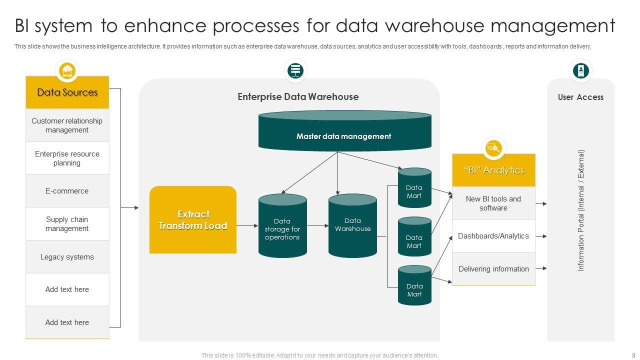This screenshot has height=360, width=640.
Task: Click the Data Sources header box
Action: [67, 92]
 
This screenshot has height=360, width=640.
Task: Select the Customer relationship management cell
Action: [67, 125]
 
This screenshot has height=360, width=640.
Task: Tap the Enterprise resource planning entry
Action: [67, 158]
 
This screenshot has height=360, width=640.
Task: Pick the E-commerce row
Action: [67, 191]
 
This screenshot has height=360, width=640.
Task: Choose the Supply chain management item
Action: [67, 224]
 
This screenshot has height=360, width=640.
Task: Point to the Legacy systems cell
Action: [67, 257]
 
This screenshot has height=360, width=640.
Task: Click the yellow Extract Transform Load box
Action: [193, 220]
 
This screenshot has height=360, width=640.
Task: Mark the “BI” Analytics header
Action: [493, 170]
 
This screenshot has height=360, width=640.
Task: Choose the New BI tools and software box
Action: [493, 203]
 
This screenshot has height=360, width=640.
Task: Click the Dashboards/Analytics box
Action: [493, 236]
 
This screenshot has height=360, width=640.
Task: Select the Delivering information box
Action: [493, 269]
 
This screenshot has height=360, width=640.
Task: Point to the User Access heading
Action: [580, 97]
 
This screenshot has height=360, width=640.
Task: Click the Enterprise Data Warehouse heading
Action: [298, 97]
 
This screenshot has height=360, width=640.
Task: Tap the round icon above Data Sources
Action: [67, 71]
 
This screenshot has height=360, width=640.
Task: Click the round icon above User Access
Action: [581, 71]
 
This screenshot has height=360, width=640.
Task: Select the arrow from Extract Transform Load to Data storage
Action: [247, 226]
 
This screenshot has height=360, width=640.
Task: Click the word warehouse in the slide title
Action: [428, 25]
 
